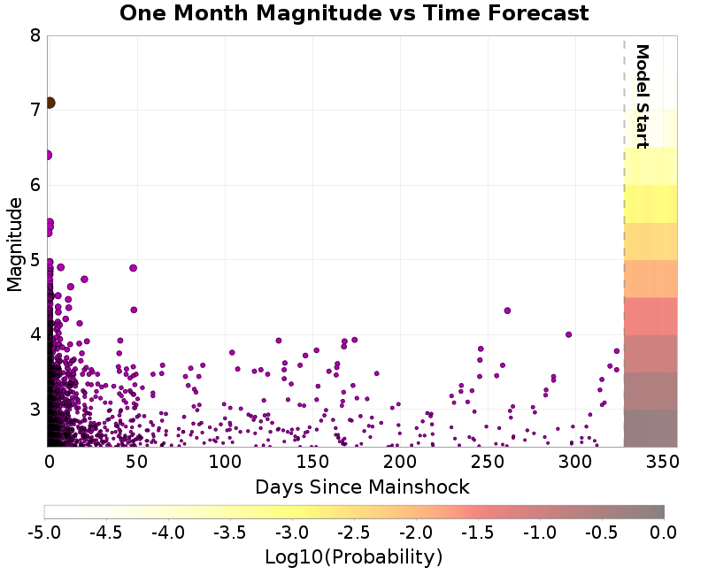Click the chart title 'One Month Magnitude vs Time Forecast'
354,13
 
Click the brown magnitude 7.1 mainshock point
50,103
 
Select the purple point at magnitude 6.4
48,155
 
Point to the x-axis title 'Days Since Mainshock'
362,487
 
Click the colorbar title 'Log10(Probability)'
353,557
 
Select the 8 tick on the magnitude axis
35,36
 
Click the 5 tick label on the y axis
35,260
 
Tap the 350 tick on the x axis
663,463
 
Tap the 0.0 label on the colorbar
664,533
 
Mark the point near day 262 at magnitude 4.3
507,310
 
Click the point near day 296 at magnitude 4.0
568,334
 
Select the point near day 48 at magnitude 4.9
133,268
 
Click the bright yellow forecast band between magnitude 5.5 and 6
650,203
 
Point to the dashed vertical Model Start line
624,265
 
